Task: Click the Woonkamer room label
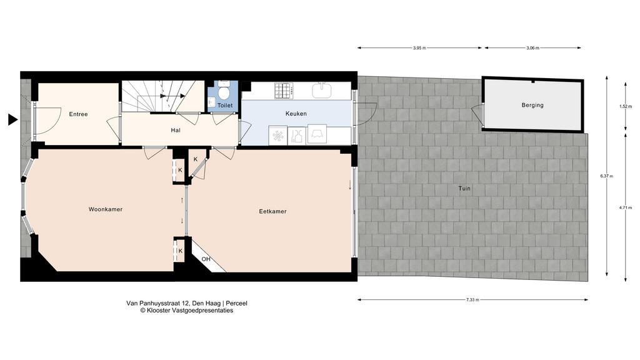105,209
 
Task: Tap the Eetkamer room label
272,211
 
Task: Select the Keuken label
296,114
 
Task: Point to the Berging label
532,105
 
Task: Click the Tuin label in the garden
464,189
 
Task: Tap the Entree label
78,114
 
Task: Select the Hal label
176,131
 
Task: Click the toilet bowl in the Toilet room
223,91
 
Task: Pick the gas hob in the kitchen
283,91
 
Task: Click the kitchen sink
324,90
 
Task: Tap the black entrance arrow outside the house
13,119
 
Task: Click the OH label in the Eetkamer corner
206,259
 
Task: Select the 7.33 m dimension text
472,300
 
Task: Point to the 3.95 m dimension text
419,48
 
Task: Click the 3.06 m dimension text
532,48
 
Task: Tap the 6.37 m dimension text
606,176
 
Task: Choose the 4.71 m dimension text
625,207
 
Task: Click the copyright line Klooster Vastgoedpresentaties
186,310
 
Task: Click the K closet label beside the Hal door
196,159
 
